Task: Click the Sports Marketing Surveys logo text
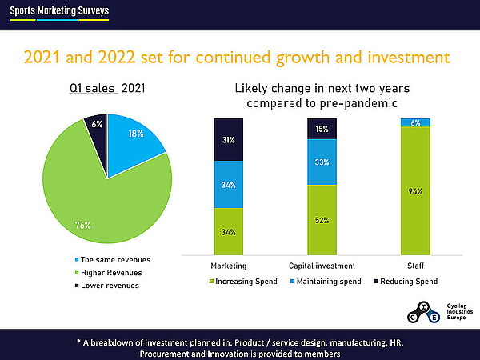(x=55, y=11)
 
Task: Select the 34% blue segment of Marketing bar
(x=228, y=184)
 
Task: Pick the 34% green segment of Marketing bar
(x=228, y=231)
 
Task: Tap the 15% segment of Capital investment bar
(x=322, y=129)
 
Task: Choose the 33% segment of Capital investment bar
(x=322, y=162)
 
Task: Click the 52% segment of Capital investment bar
(x=322, y=219)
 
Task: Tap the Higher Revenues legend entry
(x=111, y=273)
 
